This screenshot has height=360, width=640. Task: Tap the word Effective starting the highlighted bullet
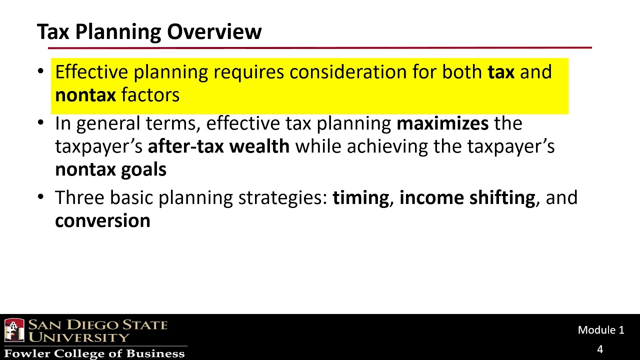(x=91, y=72)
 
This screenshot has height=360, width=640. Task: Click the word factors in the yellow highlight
(x=150, y=94)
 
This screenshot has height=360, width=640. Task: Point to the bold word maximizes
(x=442, y=123)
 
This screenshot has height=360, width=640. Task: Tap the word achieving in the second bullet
(x=378, y=146)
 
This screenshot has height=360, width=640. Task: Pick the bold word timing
(x=360, y=198)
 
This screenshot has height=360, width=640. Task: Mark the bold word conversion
(x=102, y=220)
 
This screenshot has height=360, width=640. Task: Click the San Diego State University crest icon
(x=14, y=330)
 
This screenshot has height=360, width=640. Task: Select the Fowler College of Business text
(x=94, y=353)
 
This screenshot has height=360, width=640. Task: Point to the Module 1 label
(x=600, y=330)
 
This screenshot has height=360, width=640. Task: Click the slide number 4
(x=600, y=349)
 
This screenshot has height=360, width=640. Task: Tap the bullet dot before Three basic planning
(x=41, y=197)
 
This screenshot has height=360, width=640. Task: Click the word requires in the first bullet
(x=248, y=72)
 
